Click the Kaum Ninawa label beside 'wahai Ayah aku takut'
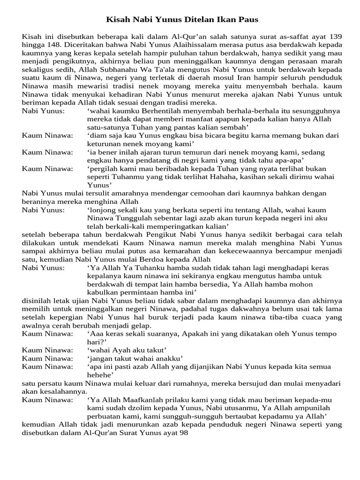click(x=47, y=350)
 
